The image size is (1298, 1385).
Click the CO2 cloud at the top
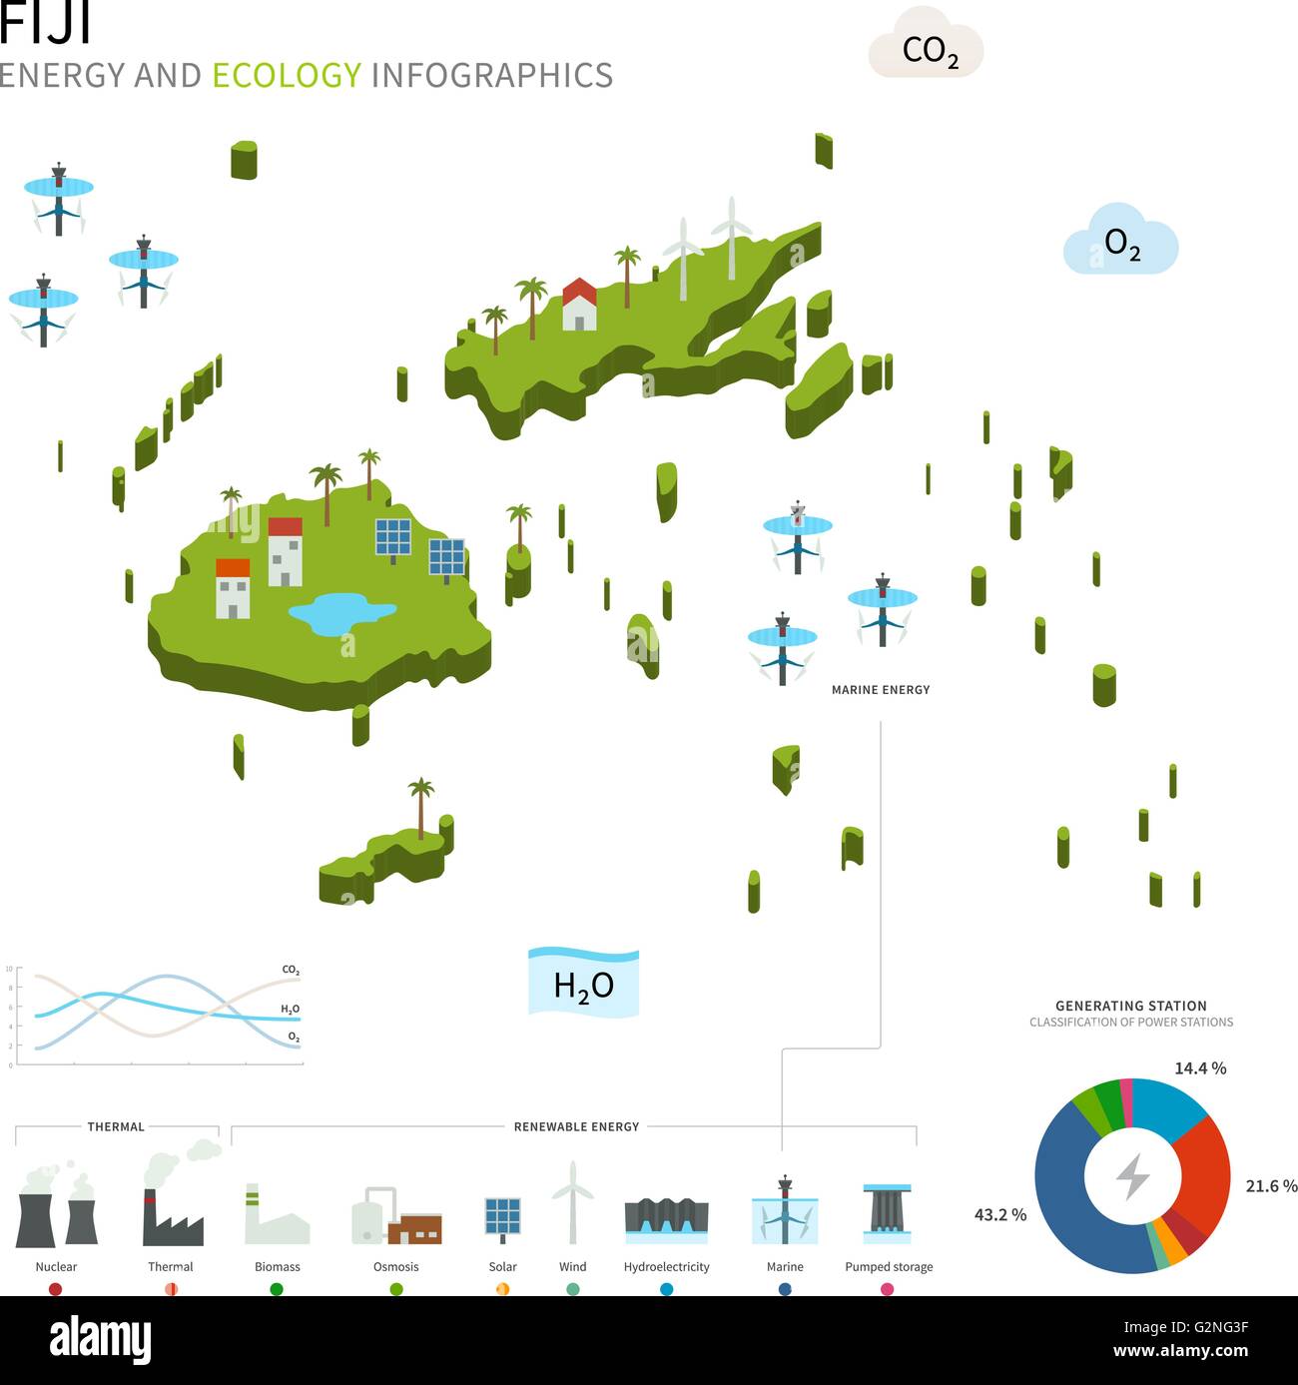[926, 43]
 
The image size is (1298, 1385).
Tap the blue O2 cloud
[1120, 240]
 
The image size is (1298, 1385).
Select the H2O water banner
[583, 982]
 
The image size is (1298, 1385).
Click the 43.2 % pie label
[1000, 1215]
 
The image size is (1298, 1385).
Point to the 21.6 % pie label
[1271, 1185]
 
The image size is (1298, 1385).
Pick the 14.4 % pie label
[1200, 1067]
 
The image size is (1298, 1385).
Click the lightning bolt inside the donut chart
[1132, 1176]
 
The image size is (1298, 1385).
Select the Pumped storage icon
[888, 1213]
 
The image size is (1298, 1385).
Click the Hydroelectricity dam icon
[666, 1220]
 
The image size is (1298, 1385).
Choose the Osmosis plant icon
[396, 1215]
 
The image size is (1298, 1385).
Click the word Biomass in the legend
[277, 1266]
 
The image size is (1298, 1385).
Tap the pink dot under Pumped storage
[888, 1289]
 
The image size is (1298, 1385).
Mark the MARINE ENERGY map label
[881, 690]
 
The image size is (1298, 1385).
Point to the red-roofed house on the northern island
[579, 304]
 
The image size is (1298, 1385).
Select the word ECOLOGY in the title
[287, 75]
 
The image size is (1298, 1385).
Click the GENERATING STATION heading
[1130, 1006]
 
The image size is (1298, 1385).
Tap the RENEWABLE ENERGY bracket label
[576, 1126]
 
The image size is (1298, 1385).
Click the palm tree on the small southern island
[420, 808]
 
